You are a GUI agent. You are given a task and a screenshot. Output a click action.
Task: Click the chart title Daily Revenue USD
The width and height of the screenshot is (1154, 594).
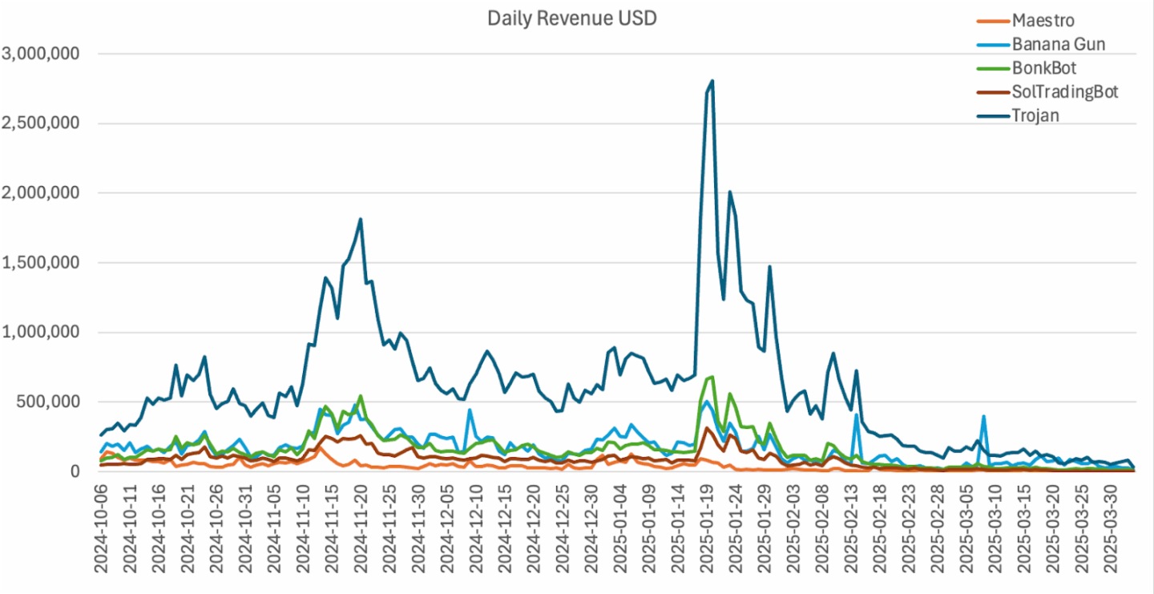(571, 18)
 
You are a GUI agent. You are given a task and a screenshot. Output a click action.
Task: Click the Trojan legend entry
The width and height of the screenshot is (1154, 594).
(1034, 115)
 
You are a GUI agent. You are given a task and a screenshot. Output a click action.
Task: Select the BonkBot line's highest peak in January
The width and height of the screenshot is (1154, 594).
(712, 376)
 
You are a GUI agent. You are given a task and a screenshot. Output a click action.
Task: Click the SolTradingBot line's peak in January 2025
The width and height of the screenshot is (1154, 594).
(707, 428)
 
